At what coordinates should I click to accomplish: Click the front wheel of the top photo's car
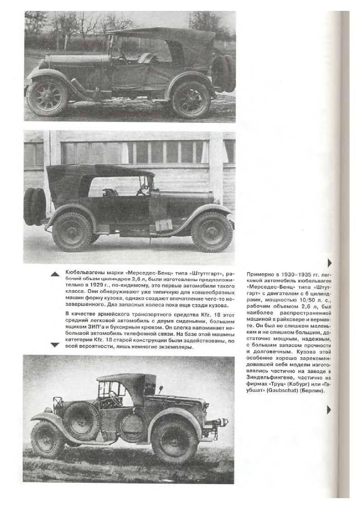coord(47,97)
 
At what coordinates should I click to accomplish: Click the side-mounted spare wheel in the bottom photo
coord(82,420)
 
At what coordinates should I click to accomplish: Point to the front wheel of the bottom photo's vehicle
coord(48,438)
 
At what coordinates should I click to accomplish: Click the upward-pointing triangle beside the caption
coord(55,274)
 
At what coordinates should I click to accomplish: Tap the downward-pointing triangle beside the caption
coord(55,345)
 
